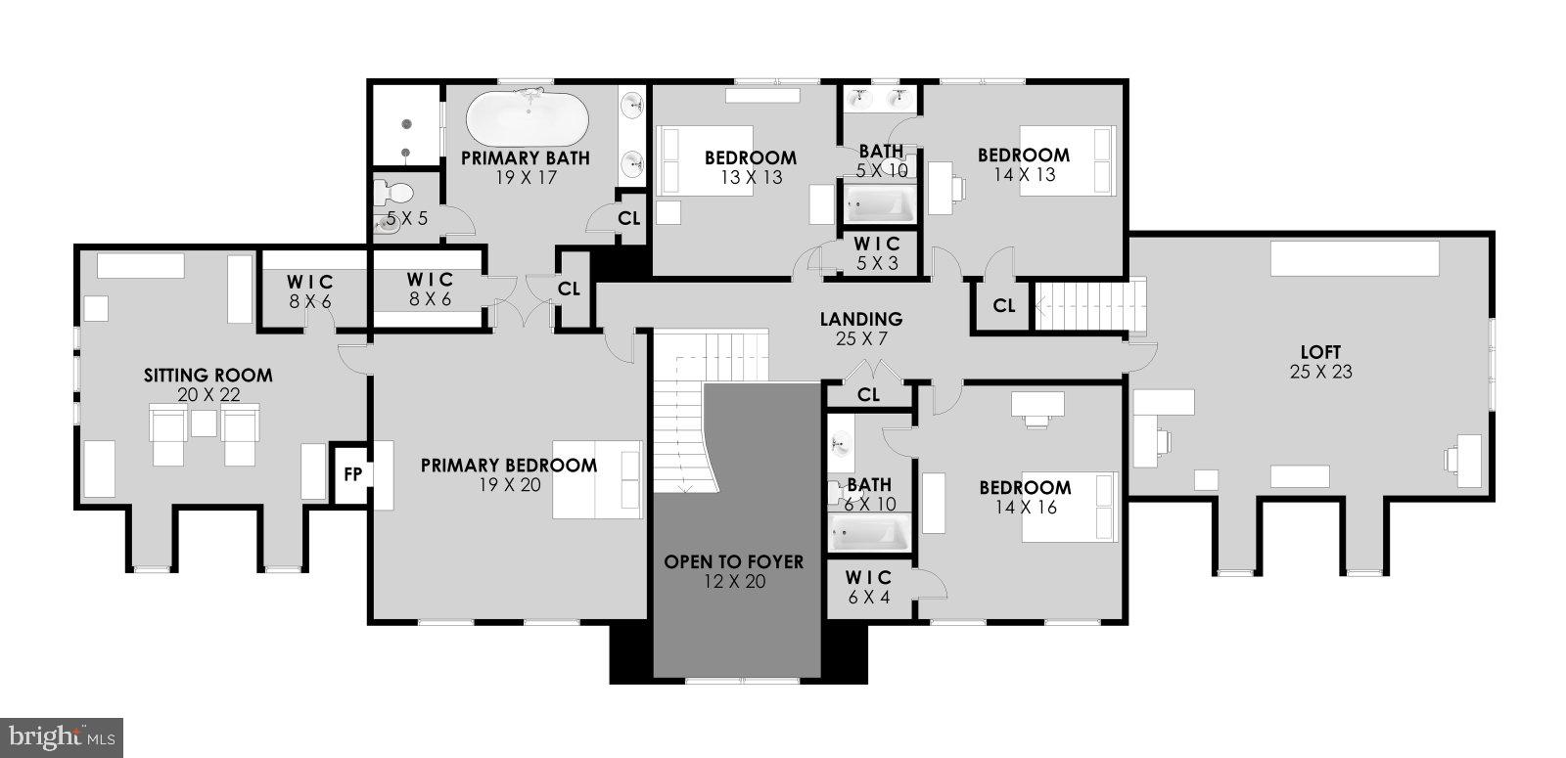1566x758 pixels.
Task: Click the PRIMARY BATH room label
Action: (525, 157)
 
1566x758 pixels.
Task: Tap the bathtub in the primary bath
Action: (527, 119)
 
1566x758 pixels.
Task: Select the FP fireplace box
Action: (351, 475)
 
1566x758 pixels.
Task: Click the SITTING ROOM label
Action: (208, 375)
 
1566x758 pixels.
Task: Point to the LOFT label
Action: (1320, 352)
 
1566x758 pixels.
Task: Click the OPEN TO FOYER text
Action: (733, 561)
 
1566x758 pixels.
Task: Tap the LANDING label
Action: (860, 319)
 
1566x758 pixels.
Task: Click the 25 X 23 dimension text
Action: (1320, 372)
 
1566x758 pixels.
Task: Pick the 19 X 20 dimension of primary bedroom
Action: (508, 484)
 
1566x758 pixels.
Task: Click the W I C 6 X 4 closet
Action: (867, 587)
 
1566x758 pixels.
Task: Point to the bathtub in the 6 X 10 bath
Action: (870, 533)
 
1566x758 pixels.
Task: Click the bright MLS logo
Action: (62, 736)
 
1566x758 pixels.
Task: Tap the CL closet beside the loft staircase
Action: (1003, 306)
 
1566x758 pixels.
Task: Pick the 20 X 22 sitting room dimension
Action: (208, 394)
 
